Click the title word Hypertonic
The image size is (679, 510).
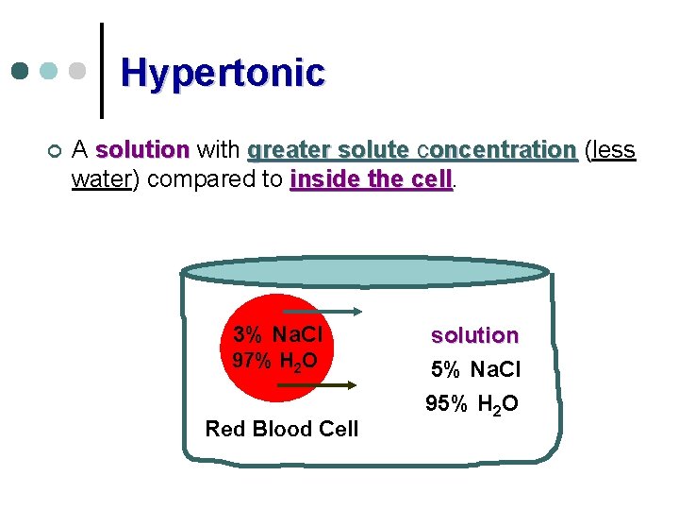[223, 72]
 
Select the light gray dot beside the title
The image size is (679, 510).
[78, 72]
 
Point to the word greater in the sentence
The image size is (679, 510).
[278, 150]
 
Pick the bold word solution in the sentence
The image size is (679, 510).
[142, 150]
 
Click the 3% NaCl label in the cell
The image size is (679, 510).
[278, 334]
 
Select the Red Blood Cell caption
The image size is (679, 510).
[282, 429]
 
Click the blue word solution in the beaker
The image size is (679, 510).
[474, 335]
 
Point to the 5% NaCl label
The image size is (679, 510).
[475, 369]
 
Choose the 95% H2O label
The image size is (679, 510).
[472, 404]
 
